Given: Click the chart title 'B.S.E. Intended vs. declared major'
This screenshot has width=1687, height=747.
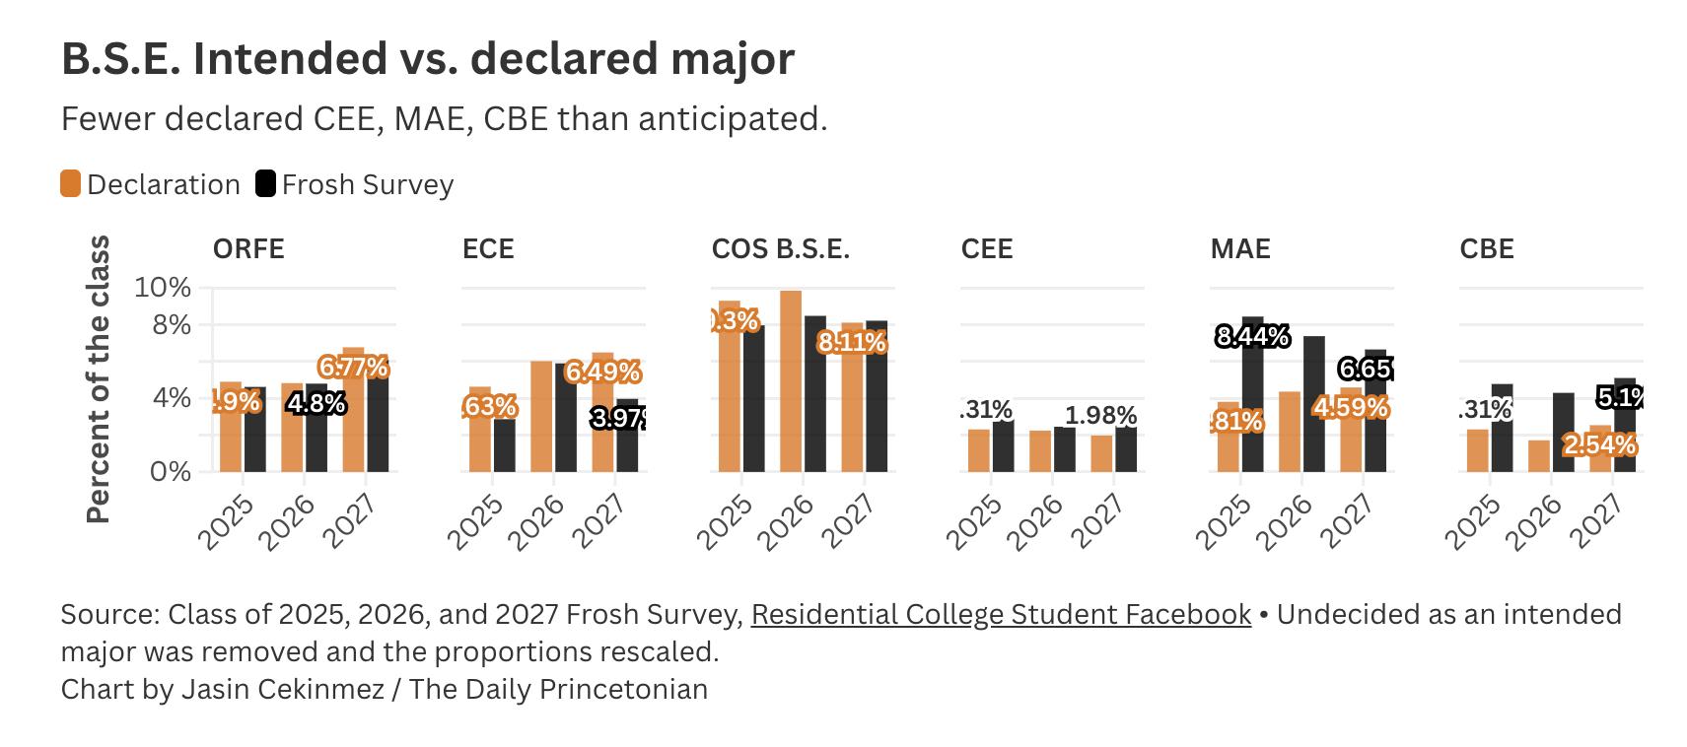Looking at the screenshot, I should tap(427, 59).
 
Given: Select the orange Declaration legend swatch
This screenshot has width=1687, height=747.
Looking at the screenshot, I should tap(70, 184).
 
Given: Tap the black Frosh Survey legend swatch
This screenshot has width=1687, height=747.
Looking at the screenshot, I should tap(265, 184).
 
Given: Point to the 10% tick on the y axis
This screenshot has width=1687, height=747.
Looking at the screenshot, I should tap(163, 288).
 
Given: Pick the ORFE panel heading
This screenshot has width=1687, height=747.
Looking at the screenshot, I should tap(248, 248).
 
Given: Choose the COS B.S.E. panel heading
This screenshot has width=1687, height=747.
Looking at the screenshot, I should tap(780, 248).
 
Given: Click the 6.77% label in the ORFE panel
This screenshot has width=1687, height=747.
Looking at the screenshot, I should tap(353, 368).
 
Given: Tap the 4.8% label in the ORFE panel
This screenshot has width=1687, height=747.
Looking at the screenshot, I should tap(316, 403).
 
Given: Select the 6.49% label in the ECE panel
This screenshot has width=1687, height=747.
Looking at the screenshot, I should tap(602, 373).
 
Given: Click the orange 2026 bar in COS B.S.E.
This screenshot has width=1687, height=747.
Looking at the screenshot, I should tap(790, 380).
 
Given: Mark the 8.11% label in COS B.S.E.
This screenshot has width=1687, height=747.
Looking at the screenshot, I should tap(852, 343).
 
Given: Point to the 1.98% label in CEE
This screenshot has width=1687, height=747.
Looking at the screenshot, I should tap(1100, 415).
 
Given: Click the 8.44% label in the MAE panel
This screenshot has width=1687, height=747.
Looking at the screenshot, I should tap(1252, 337).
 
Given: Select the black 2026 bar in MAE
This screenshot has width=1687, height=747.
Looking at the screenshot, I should tap(1313, 404).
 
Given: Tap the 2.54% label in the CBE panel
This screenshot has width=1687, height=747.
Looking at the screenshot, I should tap(1599, 445).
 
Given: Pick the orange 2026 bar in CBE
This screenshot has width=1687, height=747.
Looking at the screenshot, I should tap(1538, 455).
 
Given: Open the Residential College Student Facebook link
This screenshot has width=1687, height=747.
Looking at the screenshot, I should tap(1001, 614).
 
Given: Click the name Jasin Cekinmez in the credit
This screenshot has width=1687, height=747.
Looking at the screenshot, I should tap(282, 688).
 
